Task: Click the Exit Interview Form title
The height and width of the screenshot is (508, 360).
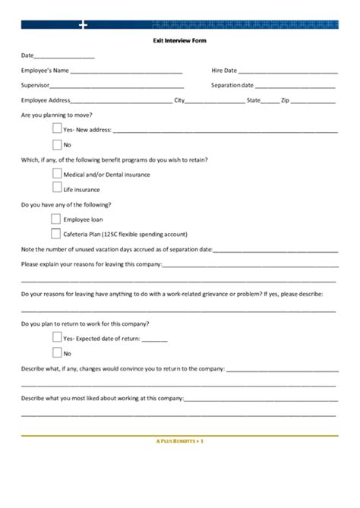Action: (179, 40)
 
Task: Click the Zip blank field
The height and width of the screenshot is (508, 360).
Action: (313, 101)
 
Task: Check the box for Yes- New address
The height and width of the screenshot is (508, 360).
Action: (57, 128)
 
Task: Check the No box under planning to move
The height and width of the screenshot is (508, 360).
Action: (57, 144)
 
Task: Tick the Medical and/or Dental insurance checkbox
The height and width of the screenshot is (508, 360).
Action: (57, 173)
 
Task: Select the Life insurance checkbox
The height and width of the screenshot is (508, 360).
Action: (57, 188)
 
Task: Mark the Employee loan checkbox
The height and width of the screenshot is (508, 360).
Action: (56, 218)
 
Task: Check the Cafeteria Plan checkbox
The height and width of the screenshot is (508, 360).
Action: (56, 233)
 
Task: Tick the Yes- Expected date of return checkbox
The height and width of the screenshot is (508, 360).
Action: (57, 337)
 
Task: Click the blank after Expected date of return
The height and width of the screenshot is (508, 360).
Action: (154, 339)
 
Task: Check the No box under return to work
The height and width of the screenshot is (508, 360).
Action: (57, 352)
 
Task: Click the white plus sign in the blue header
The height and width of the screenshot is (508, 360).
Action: (83, 25)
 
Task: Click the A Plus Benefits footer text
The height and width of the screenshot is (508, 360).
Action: (179, 440)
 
